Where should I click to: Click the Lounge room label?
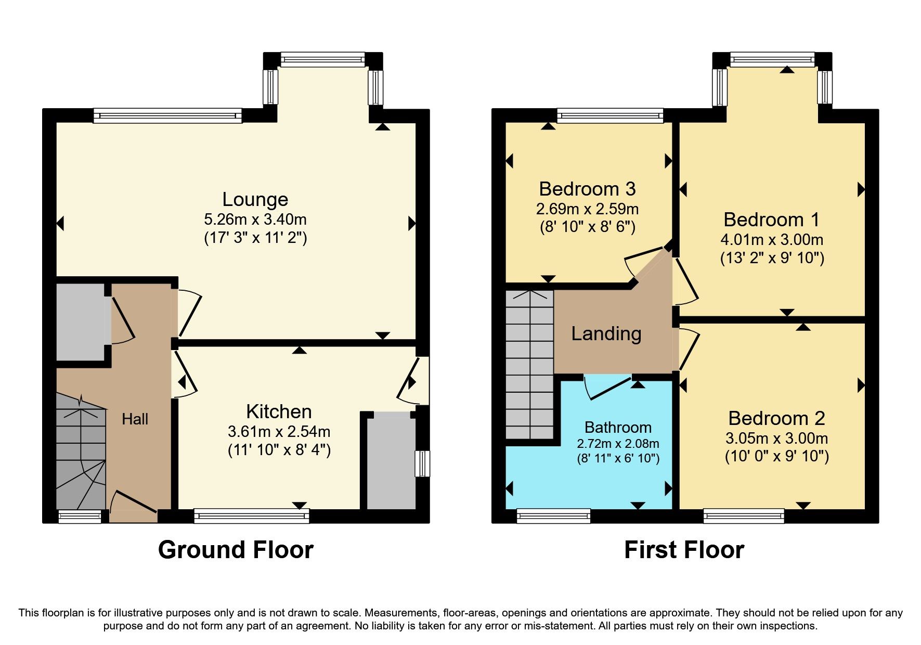(x=255, y=199)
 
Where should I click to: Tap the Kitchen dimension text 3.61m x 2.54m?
(x=279, y=431)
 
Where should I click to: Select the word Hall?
(x=135, y=419)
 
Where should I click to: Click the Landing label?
(x=606, y=333)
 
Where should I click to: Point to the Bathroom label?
(x=618, y=427)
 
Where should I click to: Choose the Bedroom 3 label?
(x=587, y=189)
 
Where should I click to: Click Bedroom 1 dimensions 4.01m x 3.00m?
(x=772, y=240)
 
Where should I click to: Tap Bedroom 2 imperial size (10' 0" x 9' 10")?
(x=776, y=456)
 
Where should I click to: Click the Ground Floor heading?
(x=236, y=550)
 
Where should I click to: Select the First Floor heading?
(x=684, y=550)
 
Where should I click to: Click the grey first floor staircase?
(x=529, y=364)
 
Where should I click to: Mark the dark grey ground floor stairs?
(x=81, y=453)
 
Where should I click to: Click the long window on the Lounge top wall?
(x=167, y=115)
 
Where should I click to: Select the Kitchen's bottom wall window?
(x=251, y=515)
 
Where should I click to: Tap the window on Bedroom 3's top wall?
(x=610, y=115)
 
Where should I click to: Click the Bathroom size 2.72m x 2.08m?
(x=618, y=444)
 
